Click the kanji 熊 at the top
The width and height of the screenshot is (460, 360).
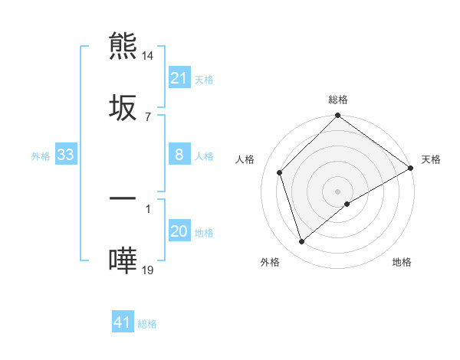click(123, 46)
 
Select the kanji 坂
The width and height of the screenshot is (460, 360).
click(123, 106)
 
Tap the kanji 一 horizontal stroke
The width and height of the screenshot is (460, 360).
click(123, 199)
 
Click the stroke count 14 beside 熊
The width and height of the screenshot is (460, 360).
click(148, 56)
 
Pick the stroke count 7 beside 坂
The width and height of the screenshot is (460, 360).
click(147, 116)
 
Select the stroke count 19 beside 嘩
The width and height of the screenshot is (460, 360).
click(148, 270)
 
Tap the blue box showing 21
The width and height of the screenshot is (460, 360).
click(179, 78)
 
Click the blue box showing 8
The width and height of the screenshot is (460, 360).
click(179, 155)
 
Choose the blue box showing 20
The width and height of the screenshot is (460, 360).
click(179, 231)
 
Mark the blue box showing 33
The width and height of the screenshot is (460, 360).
click(66, 155)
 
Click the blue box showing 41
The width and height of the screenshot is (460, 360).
click(123, 322)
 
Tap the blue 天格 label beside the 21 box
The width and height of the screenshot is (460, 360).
click(204, 79)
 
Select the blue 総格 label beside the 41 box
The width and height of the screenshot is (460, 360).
click(147, 323)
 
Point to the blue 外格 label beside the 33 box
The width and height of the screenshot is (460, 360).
click(41, 155)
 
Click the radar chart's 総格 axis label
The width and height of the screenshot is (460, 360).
click(337, 100)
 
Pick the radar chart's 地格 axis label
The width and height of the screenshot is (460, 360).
click(402, 262)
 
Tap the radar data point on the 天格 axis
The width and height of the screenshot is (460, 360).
click(411, 169)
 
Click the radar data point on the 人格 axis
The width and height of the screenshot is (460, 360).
click(280, 172)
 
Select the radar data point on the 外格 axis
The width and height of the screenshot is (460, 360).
click(301, 241)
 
